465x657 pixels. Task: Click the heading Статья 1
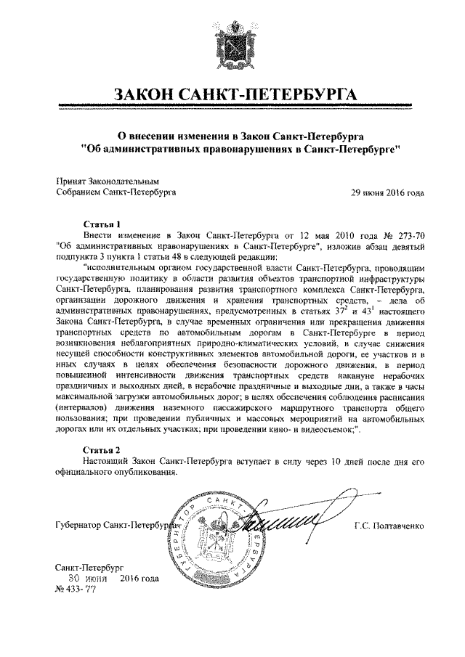(x=103, y=224)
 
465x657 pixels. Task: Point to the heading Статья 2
(x=103, y=449)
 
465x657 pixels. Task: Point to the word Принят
(x=72, y=181)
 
